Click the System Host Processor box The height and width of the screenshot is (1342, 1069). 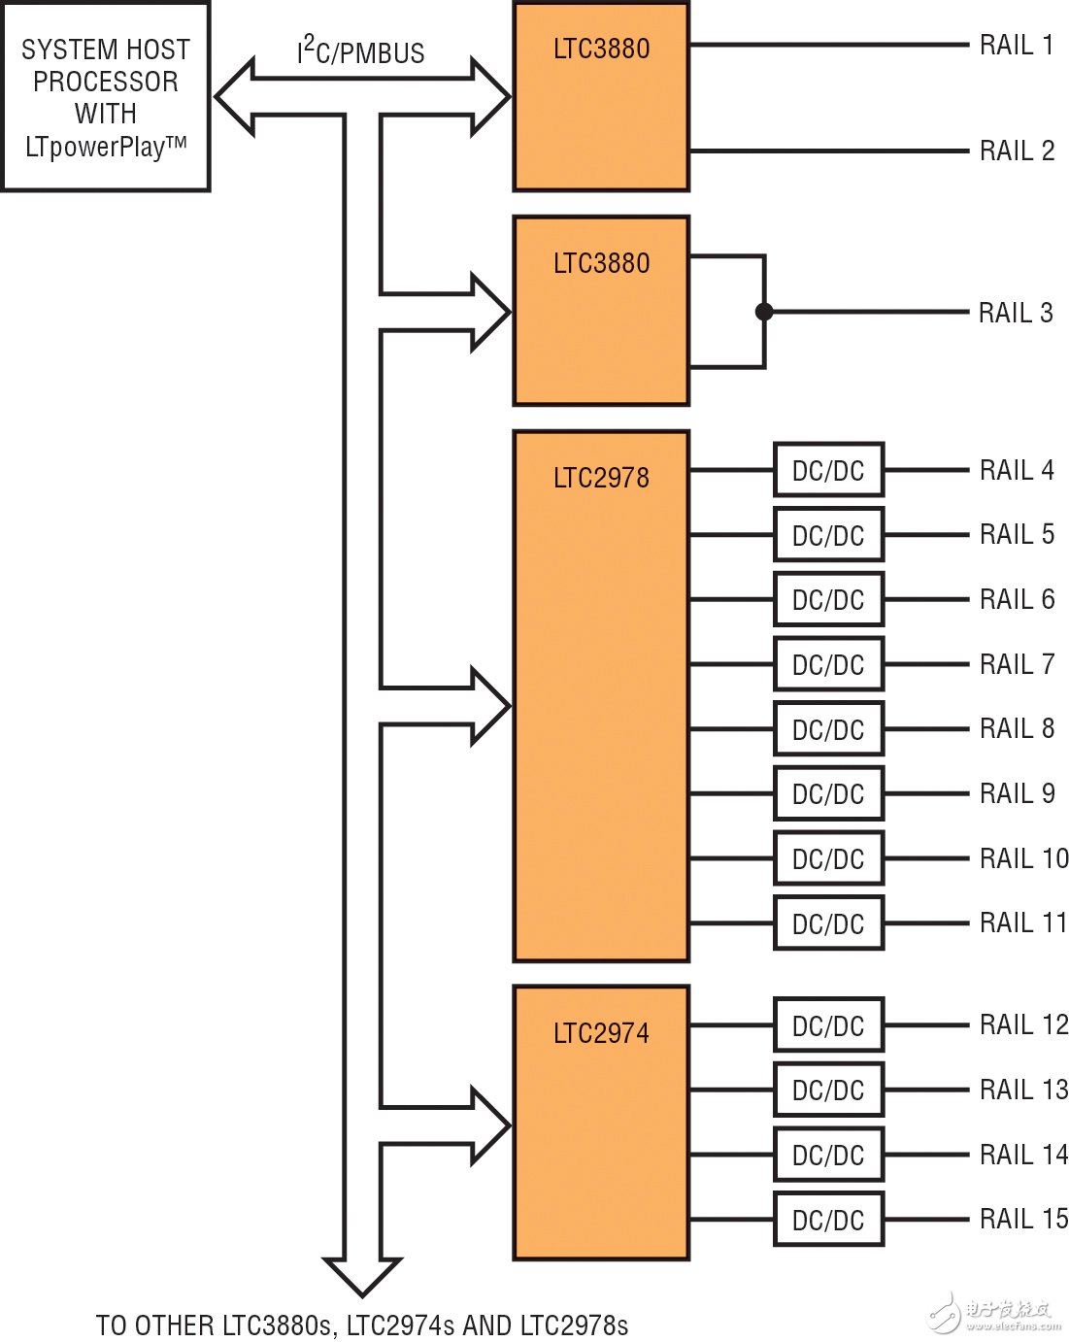(x=106, y=97)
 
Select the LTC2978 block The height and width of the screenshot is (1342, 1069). (x=601, y=695)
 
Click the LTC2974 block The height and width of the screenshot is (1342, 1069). (x=601, y=1123)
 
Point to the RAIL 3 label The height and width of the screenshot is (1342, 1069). (x=1016, y=313)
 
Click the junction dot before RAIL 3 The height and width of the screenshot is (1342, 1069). (x=764, y=312)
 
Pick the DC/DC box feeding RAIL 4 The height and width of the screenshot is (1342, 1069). (x=828, y=471)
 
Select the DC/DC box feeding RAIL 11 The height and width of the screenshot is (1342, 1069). (x=828, y=923)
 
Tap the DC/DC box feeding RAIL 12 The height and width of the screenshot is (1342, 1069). (x=828, y=1025)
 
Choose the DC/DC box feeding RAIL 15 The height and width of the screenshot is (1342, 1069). (x=828, y=1220)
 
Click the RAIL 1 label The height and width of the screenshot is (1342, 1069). (x=1016, y=45)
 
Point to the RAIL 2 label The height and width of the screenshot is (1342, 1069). (x=1017, y=151)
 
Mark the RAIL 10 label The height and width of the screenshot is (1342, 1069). (x=1023, y=858)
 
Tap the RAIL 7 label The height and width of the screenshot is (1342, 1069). (x=1017, y=664)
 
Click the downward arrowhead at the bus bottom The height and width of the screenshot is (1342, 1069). (x=362, y=1276)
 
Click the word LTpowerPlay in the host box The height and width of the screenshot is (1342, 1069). (x=94, y=148)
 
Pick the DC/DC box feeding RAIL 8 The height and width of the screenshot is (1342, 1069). (x=828, y=729)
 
